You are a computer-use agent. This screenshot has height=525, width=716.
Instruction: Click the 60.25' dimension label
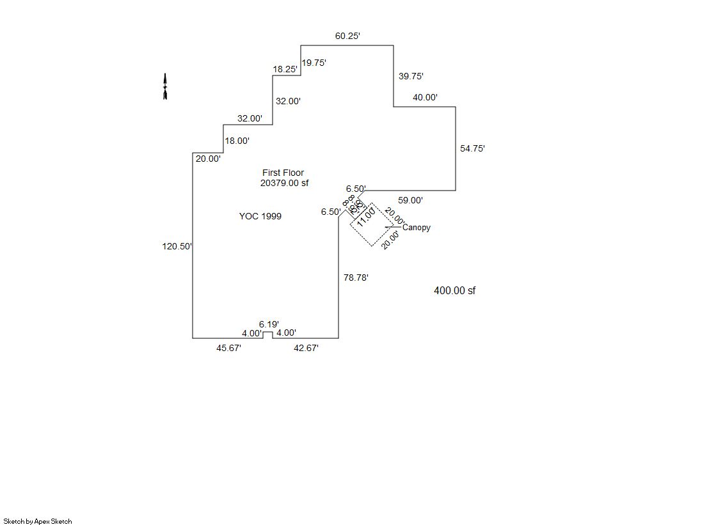coord(347,36)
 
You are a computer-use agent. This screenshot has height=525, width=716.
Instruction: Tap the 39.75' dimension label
coord(411,76)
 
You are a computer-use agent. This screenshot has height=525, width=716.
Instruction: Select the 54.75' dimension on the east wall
coord(472,148)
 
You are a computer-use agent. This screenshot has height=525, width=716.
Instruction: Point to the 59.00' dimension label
coord(410,200)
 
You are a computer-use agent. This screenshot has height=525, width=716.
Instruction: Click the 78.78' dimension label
coord(356,278)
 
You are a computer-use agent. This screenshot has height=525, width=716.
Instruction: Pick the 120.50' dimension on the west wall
coord(177,246)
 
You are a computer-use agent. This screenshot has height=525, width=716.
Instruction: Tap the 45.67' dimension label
coord(228,349)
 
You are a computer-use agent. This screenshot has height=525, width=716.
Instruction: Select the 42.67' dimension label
coord(306,349)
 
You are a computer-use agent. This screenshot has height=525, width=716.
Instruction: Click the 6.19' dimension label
coord(269,325)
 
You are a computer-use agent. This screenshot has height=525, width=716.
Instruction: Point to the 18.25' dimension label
coord(285,69)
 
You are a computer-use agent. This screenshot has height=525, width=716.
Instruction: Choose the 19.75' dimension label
coord(314,63)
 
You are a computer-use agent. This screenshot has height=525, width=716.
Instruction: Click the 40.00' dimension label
coord(425,98)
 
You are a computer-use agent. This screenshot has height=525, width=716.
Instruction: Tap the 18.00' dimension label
coord(237,141)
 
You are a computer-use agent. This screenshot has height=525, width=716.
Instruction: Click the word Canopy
coord(417,228)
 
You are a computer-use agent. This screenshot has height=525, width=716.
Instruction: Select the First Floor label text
coord(283,173)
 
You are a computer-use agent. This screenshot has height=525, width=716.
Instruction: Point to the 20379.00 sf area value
coord(284,183)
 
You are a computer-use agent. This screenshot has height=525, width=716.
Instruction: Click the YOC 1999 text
coord(260,216)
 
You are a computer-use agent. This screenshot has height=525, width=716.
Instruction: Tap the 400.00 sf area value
coord(454,291)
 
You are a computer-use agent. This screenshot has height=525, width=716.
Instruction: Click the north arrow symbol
coord(165,87)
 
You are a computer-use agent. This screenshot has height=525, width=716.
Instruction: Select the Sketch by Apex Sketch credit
coord(38,521)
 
